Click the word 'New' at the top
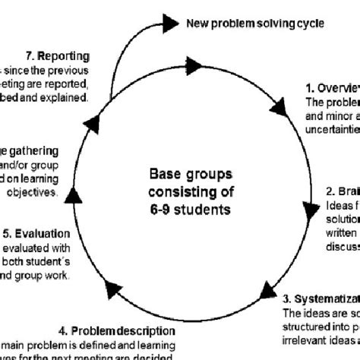point(197,22)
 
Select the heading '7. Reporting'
point(57,56)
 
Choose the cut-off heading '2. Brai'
point(343,191)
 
